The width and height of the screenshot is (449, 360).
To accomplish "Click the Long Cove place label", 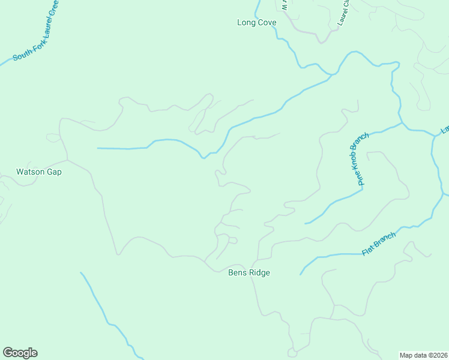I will coord(256,23).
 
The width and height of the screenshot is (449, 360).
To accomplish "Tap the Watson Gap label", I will coord(38,172).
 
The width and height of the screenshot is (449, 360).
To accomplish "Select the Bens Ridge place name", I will coord(249,273).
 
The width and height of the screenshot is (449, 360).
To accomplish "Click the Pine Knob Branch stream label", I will coord(358,160).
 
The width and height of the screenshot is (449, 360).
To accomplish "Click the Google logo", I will coord(20,353).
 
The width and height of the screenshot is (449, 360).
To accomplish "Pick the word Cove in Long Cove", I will coord(267,23).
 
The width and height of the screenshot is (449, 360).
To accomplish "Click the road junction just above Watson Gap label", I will coord(67,160).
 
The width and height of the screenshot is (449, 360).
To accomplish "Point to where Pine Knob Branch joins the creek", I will coord(403,124).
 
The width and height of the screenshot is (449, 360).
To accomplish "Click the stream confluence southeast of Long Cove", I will coord(330,75).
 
